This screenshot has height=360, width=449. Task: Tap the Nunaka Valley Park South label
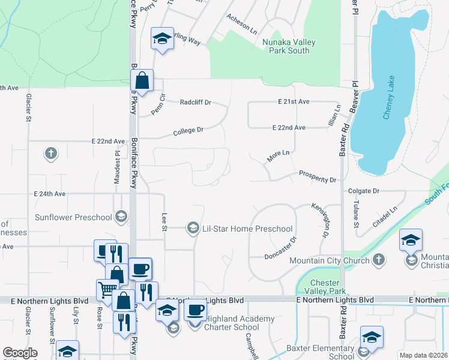coord(286,46)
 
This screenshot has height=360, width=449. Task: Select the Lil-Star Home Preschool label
coord(247,229)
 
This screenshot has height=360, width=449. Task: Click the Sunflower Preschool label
coord(73,217)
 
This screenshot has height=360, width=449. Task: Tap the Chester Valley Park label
coord(325,287)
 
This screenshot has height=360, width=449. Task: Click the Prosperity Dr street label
coord(317,179)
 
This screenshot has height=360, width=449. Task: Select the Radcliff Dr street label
coord(196,102)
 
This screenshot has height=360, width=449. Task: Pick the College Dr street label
coord(188,130)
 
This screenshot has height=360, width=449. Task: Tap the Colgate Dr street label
coord(364,191)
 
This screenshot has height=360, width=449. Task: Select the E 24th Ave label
coord(50,194)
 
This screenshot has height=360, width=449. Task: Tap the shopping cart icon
coord(107,290)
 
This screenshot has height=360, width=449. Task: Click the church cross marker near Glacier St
coord(51,154)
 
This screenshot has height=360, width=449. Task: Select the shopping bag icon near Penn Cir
coord(142,80)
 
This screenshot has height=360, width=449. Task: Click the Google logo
coord(20,353)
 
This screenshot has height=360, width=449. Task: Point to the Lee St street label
coord(164,221)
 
